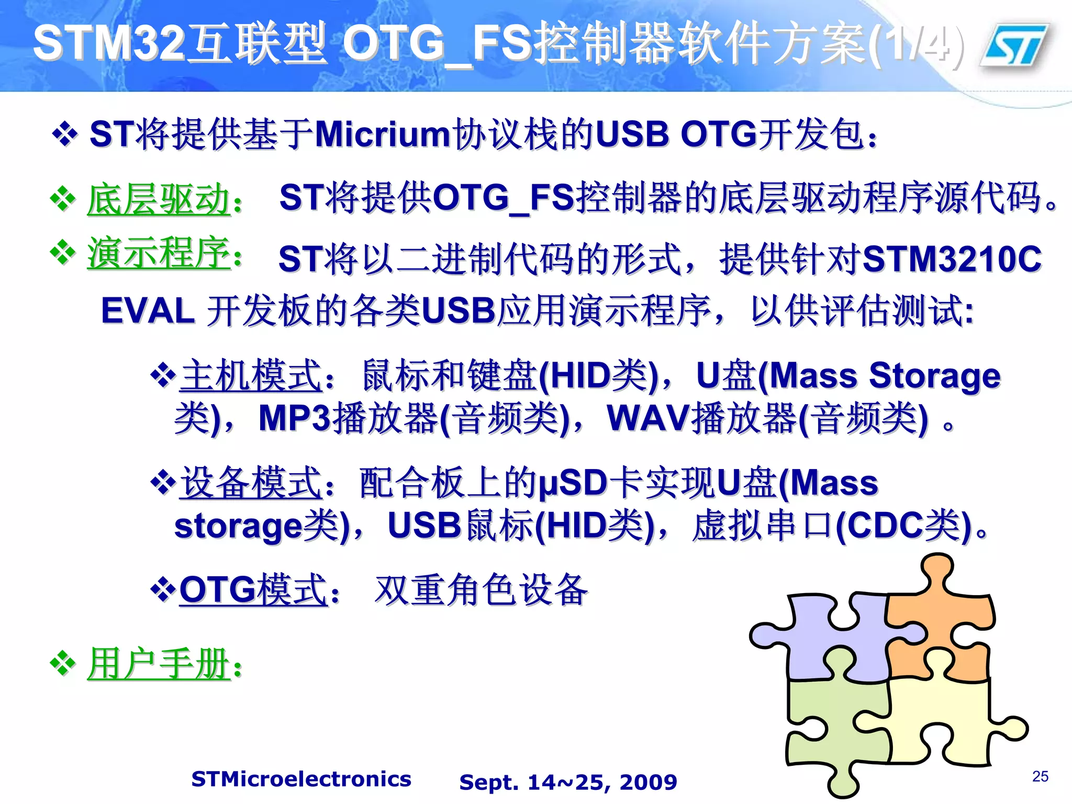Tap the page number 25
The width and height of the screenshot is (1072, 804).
coord(1040,776)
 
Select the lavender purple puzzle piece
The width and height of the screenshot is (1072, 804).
coord(832,639)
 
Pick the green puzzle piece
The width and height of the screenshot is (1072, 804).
coord(832,733)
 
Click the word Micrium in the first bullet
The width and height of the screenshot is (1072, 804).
coord(382,135)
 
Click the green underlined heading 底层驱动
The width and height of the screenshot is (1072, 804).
coord(159,199)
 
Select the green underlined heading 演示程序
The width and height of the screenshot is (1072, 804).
coord(159,253)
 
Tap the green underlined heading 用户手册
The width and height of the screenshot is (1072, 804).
coord(159,664)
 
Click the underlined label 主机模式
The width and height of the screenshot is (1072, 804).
coord(251,376)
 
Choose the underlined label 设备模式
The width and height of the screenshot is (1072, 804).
coord(251,483)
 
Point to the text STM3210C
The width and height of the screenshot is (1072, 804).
coord(952,259)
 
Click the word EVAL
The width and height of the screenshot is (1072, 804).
coord(148,311)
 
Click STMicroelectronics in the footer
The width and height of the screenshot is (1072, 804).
coord(301,779)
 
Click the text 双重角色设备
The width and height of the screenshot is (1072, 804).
coord(482,590)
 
